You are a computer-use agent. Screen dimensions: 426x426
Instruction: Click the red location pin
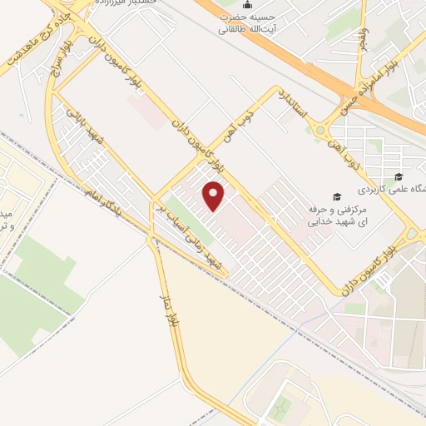[215, 196]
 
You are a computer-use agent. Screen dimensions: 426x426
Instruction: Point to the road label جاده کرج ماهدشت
[34, 48]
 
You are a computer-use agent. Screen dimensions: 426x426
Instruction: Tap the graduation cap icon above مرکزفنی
[336, 198]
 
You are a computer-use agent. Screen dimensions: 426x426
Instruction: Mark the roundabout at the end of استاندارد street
[320, 128]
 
